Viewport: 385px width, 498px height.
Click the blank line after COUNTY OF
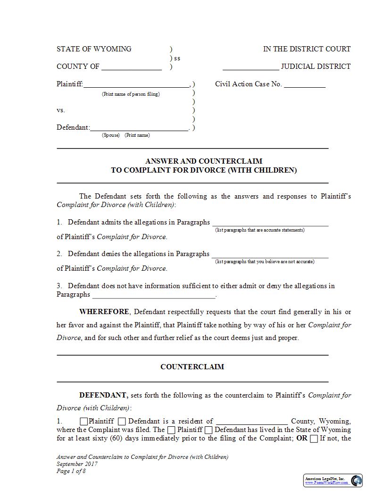click(x=132, y=67)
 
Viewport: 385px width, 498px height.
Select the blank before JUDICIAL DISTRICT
click(x=251, y=67)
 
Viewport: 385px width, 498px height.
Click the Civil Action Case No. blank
click(x=304, y=85)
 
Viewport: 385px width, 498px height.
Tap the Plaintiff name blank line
click(x=136, y=85)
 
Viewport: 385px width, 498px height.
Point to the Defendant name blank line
click(x=139, y=128)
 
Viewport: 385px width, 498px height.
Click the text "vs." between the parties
click(x=61, y=110)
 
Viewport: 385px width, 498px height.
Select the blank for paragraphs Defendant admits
click(x=270, y=223)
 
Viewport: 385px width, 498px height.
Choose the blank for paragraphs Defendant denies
click(x=270, y=254)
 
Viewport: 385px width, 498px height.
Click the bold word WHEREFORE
click(x=104, y=312)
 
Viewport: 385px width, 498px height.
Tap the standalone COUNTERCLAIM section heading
click(x=192, y=366)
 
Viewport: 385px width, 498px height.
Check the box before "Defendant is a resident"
click(x=122, y=422)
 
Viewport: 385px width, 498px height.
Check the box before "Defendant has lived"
click(x=209, y=430)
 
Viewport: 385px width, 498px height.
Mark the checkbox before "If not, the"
click(x=314, y=439)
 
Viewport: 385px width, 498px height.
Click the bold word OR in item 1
click(x=301, y=439)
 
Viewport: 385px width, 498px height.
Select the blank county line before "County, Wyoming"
click(x=252, y=422)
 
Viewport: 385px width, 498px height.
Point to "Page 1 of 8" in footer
click(x=71, y=471)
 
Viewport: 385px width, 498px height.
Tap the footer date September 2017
click(x=77, y=464)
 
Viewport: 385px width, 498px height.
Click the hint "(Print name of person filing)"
click(x=131, y=94)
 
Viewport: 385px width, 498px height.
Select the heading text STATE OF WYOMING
click(x=94, y=49)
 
